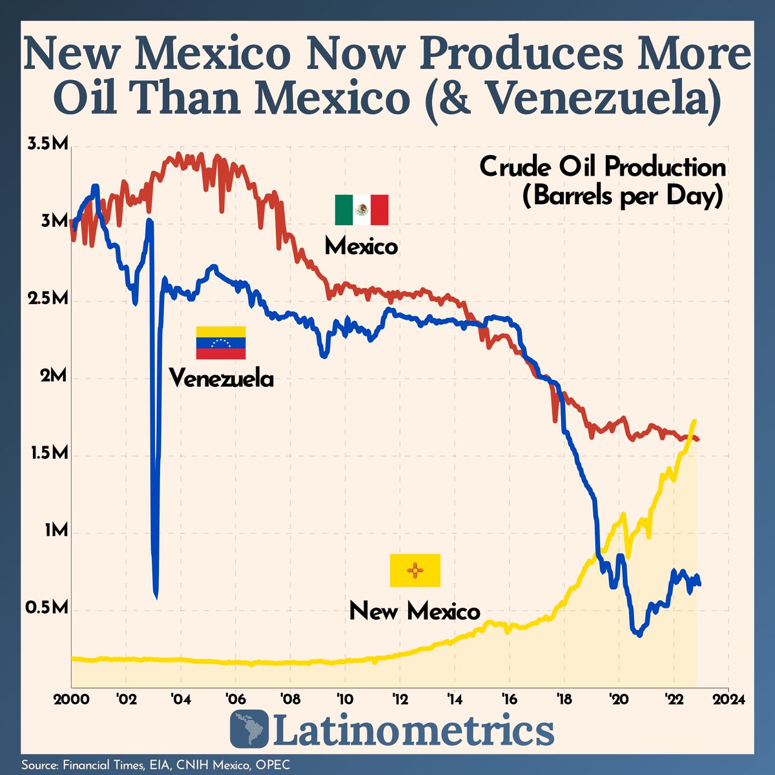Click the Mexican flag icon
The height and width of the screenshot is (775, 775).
tap(361, 209)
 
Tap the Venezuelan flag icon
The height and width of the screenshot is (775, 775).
tap(221, 342)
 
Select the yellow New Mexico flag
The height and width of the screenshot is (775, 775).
tap(415, 570)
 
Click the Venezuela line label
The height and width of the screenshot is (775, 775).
tap(221, 378)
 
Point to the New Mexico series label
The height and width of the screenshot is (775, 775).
tap(415, 610)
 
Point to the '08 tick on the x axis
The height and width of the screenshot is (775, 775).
tap(290, 700)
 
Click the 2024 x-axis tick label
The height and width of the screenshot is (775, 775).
tap(728, 700)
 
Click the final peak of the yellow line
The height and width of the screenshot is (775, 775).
tap(694, 421)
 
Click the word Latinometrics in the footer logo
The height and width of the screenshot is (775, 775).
tap(414, 731)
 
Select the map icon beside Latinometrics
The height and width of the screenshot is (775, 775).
tap(249, 730)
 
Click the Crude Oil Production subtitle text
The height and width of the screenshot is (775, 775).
tap(602, 167)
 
